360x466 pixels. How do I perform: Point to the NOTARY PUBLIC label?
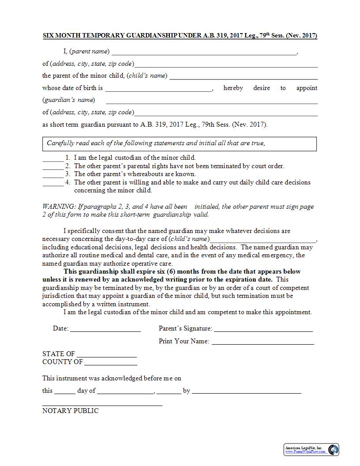click(71, 411)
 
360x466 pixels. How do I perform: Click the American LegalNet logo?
click(311, 450)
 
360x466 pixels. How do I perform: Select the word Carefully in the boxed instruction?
click(61, 143)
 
